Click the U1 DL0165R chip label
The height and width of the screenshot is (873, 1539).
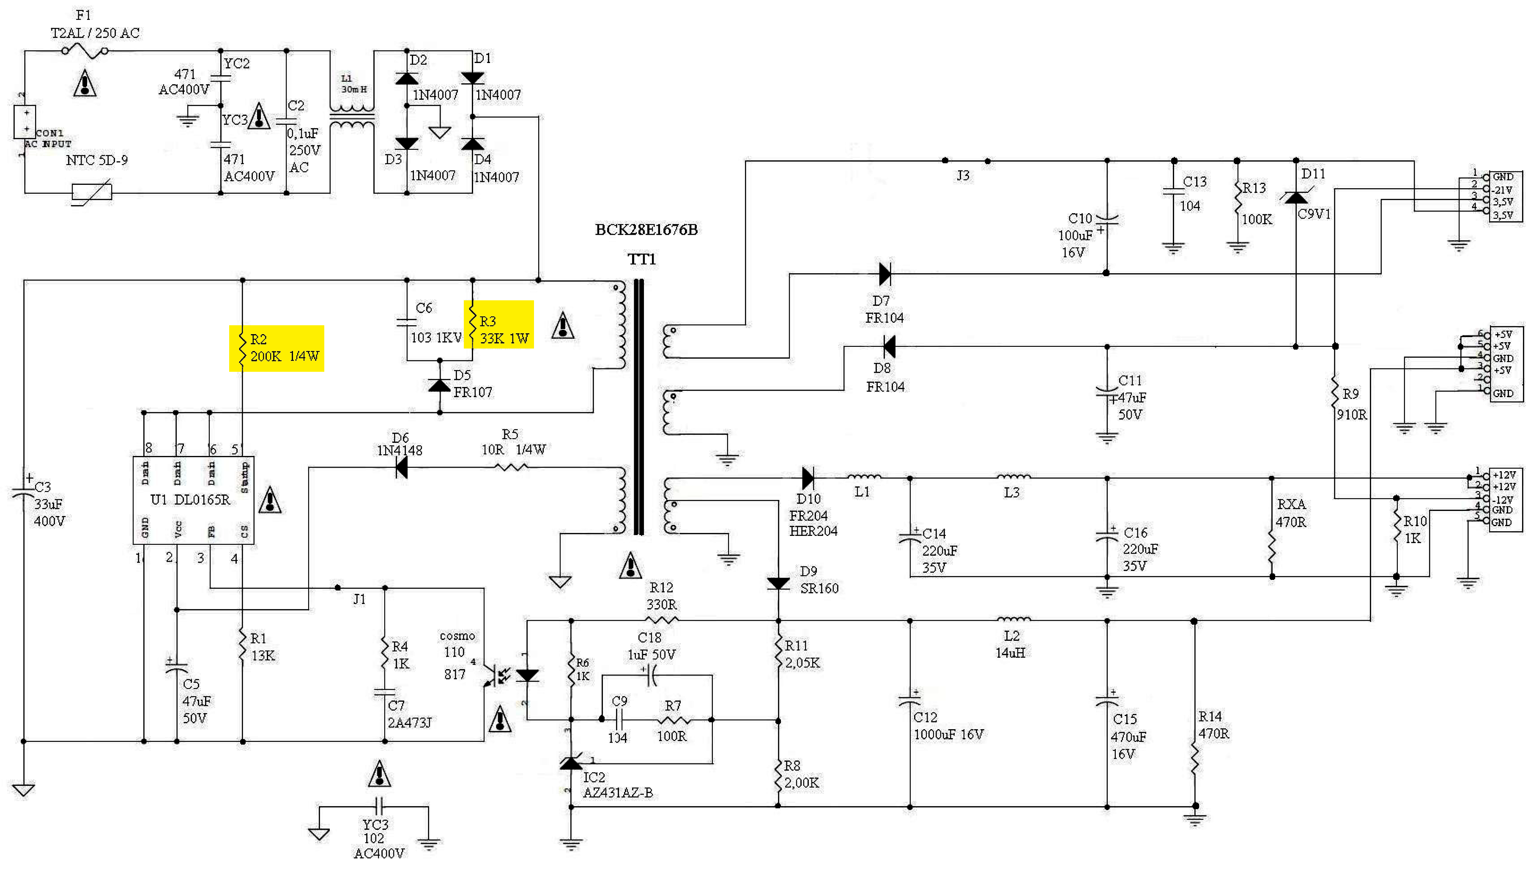[191, 500]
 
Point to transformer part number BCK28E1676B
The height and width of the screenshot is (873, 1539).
[646, 230]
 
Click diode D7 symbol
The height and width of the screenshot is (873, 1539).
[884, 274]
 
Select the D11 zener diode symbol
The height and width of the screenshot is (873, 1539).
[1296, 197]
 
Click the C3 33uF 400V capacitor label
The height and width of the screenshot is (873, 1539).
[48, 504]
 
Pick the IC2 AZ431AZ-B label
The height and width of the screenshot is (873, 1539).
[617, 785]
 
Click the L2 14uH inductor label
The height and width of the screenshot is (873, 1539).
[1010, 644]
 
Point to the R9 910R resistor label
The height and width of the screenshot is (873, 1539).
[1351, 404]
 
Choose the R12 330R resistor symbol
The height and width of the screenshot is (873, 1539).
[662, 620]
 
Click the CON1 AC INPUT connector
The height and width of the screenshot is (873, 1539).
[25, 122]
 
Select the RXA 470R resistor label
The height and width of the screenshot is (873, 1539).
[1290, 513]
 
